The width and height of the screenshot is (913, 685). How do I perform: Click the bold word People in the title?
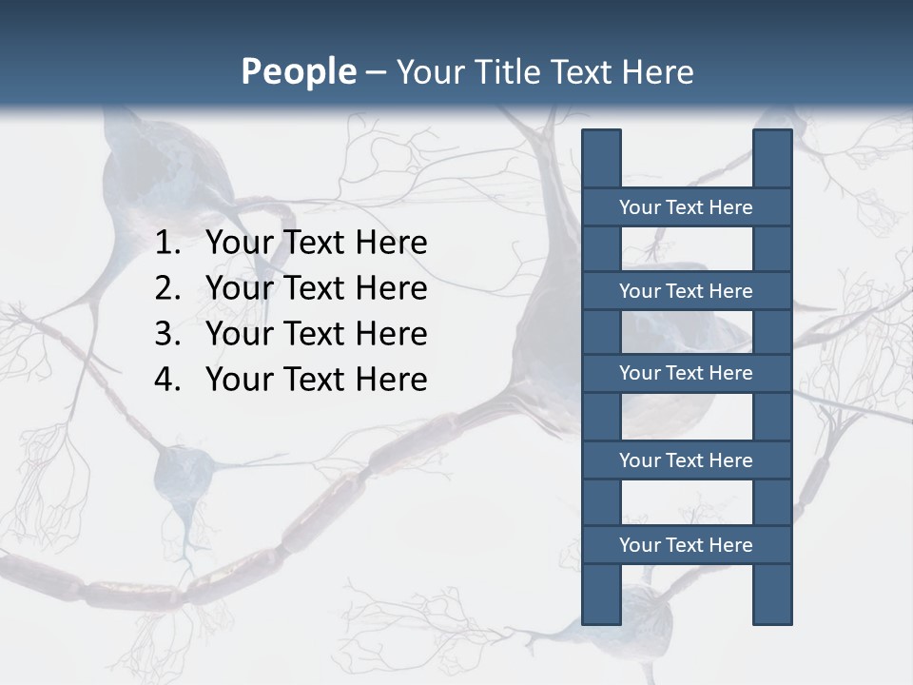click(298, 72)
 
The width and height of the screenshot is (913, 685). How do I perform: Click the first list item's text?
click(316, 244)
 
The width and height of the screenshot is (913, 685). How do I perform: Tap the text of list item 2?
click(316, 288)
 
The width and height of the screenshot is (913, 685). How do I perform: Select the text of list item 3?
click(316, 334)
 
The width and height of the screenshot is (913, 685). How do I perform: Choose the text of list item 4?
click(316, 380)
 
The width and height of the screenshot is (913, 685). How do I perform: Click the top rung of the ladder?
click(686, 207)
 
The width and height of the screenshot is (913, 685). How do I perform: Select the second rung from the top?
click(686, 291)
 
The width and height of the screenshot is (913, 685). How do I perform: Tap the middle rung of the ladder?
click(686, 373)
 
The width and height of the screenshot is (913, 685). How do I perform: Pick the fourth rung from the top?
click(686, 460)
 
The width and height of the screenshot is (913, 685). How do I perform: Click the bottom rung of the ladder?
click(686, 545)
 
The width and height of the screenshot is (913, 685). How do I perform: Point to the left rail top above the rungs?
click(601, 159)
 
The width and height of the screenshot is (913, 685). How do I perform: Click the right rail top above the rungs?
click(772, 159)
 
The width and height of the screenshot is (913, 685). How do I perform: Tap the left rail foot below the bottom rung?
click(601, 595)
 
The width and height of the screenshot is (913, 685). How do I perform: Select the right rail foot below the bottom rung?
click(772, 595)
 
